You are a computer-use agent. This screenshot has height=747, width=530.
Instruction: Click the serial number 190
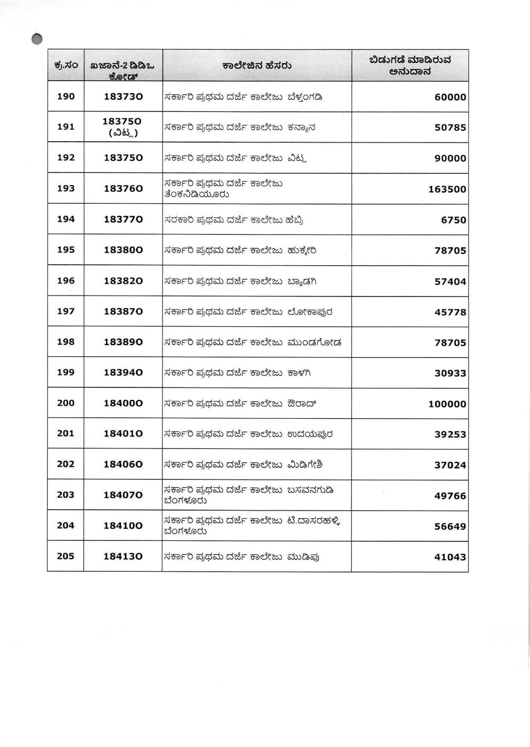coord(66,97)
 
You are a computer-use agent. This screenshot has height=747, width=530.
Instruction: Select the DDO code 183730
coord(123,97)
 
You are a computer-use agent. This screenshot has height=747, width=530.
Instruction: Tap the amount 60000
coord(450,97)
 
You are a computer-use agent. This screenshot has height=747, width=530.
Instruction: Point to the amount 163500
coord(447,189)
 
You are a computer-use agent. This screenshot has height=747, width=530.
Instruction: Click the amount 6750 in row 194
coord(454,220)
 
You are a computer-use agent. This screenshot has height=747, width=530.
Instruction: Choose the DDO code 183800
coord(123,250)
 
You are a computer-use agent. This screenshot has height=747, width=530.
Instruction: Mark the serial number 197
coord(66,311)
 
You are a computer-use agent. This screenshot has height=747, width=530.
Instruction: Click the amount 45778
coord(450,312)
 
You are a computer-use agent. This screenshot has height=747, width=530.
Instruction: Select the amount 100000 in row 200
coord(447,404)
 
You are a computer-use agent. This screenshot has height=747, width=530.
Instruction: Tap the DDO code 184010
coord(123,434)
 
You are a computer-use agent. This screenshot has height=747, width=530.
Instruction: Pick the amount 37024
coord(450,465)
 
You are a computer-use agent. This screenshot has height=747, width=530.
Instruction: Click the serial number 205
coord(66,556)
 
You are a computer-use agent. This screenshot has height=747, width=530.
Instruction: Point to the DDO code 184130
coord(123,557)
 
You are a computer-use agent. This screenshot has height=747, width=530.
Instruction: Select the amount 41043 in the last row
coord(450,557)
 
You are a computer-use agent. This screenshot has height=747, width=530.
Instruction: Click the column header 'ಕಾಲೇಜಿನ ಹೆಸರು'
coord(257,66)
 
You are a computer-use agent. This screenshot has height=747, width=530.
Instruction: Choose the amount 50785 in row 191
coord(450,128)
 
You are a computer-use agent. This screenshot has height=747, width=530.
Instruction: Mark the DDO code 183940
coord(123,373)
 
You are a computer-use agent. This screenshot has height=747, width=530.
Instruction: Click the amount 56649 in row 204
coord(450,526)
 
